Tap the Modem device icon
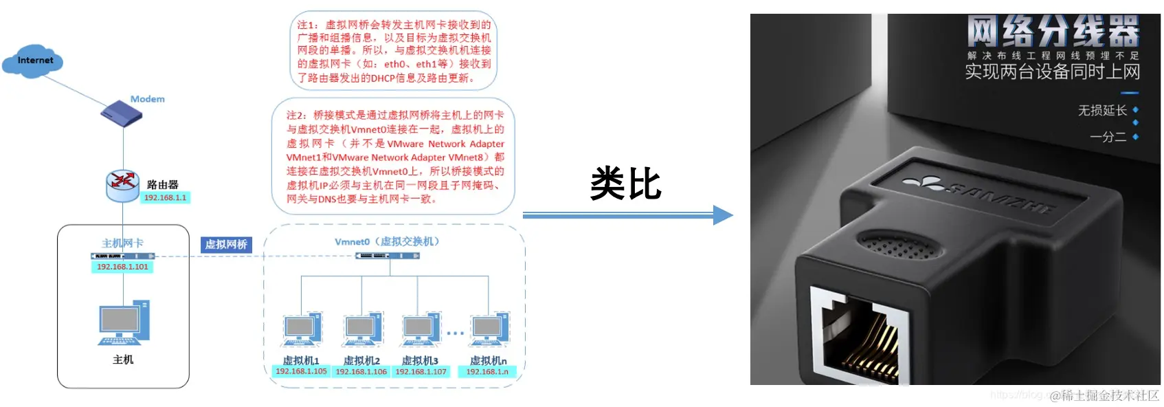[122, 113]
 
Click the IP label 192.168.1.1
[165, 198]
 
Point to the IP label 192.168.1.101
[122, 267]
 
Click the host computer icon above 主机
[124, 323]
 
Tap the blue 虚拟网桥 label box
[226, 244]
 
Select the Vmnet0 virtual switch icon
[388, 256]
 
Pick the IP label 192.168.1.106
[361, 372]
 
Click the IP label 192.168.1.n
[487, 372]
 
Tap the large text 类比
[625, 184]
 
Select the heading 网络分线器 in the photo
[1052, 31]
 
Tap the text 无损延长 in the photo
[1102, 110]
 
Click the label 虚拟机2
[361, 360]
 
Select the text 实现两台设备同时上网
[1052, 71]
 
